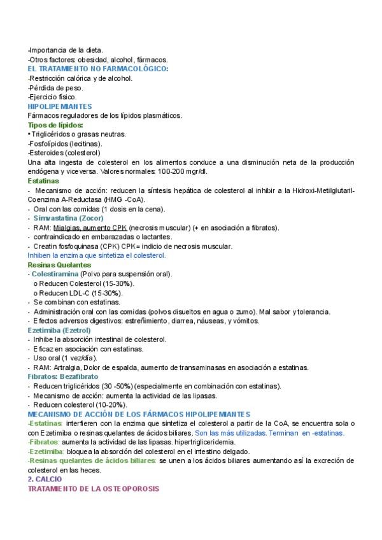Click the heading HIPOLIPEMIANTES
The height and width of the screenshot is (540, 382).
(x=60, y=106)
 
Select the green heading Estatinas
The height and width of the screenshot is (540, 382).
(x=43, y=181)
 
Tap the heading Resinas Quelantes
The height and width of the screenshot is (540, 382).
(x=59, y=264)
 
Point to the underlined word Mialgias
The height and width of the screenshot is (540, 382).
(x=67, y=227)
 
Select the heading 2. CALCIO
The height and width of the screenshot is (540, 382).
(x=45, y=478)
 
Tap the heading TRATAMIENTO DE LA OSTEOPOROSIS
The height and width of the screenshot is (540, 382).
(x=93, y=488)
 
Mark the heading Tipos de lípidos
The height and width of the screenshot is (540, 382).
(x=55, y=125)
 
